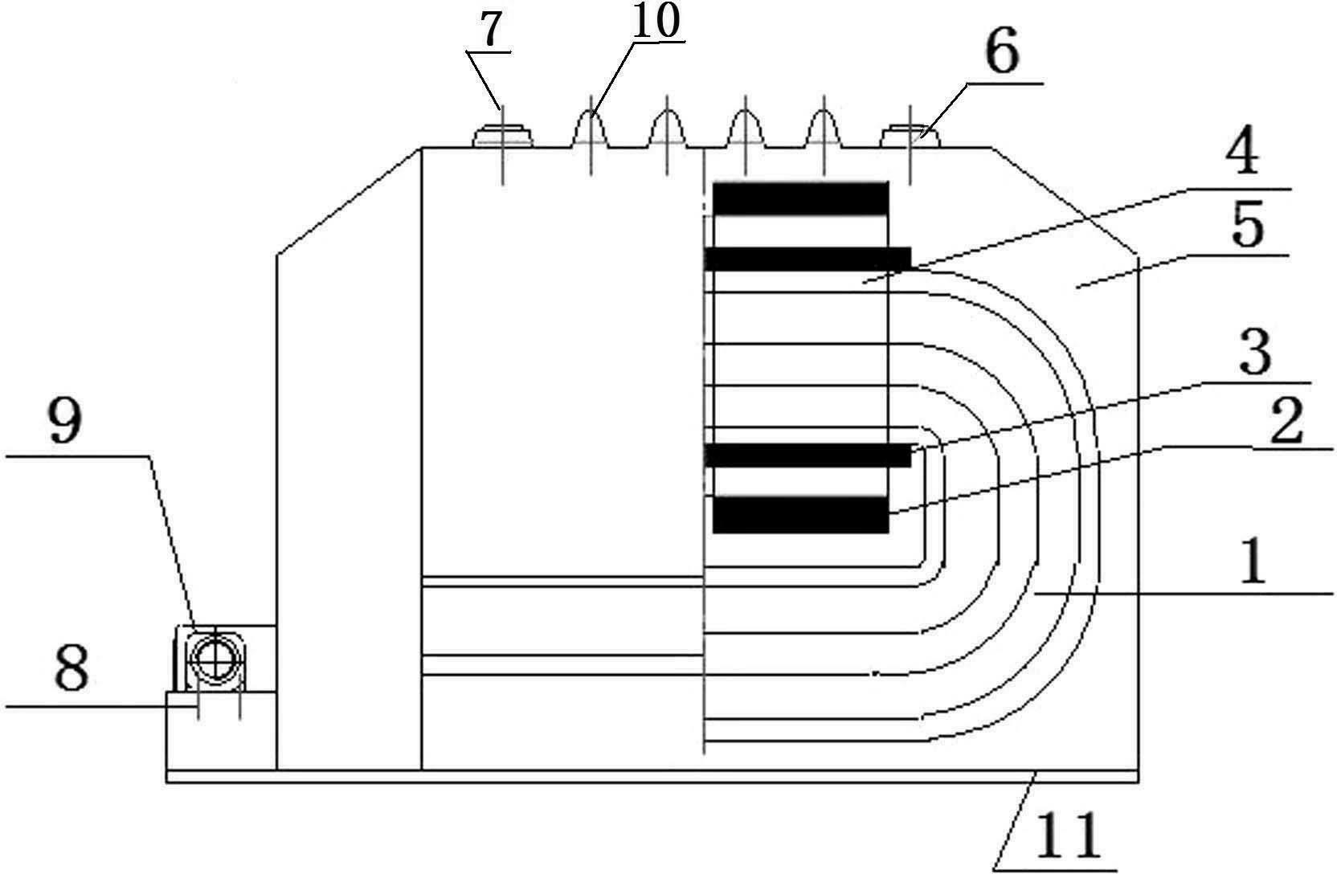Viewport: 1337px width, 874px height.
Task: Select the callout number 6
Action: pos(1002,52)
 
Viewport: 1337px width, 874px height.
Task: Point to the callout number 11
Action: pos(1068,836)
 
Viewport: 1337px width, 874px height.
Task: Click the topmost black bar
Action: pos(800,198)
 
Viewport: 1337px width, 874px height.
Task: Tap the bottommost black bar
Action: pos(800,514)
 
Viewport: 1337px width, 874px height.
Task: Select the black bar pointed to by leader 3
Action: pos(808,455)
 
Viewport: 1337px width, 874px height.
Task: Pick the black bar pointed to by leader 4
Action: pos(808,259)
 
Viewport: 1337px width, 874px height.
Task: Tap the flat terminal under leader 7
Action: pos(502,136)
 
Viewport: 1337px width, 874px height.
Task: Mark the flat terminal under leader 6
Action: pos(911,136)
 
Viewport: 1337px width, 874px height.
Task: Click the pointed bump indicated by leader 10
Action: pos(591,129)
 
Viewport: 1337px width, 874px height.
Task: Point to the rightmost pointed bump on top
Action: pos(824,129)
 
